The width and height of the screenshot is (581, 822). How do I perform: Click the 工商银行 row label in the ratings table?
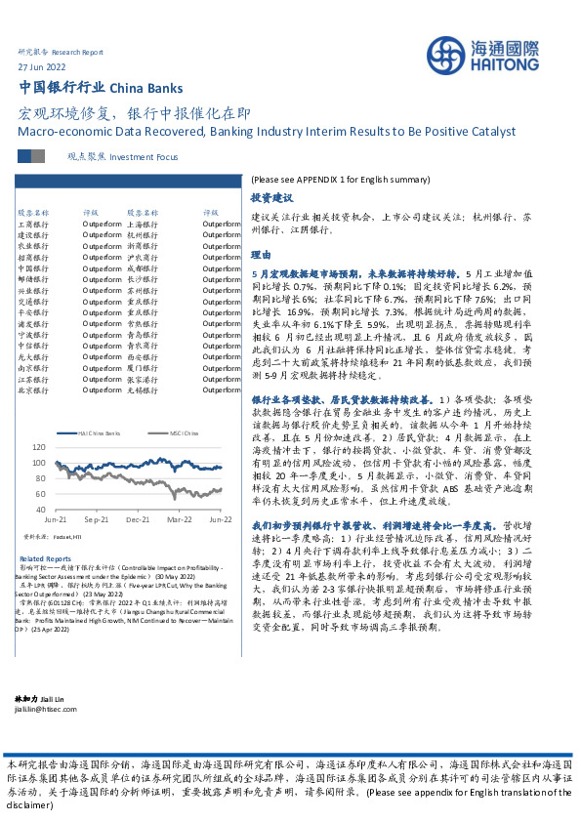point(33,224)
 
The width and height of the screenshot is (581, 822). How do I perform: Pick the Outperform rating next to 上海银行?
point(221,224)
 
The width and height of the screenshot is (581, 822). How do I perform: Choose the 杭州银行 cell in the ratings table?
point(143,234)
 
